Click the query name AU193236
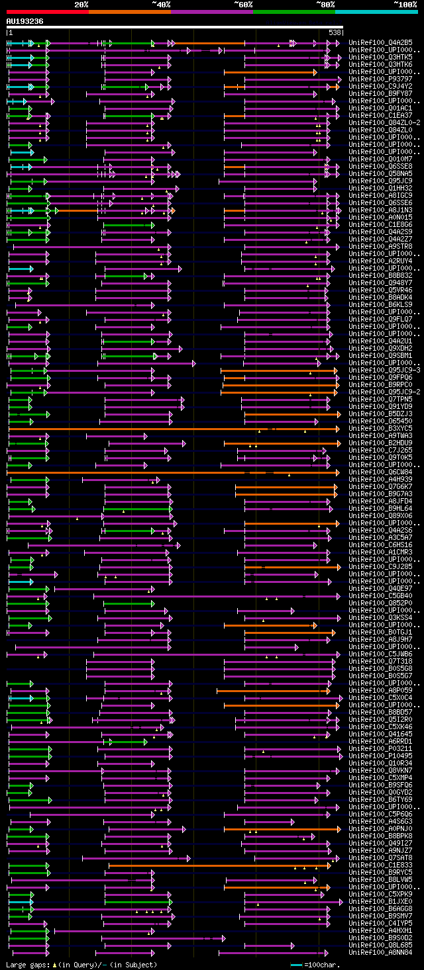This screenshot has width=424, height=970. [x=25, y=21]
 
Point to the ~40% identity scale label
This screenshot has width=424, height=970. [x=161, y=5]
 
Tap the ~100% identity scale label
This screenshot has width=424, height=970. [x=405, y=5]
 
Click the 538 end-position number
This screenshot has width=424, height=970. [x=335, y=32]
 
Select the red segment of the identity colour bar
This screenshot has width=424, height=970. [x=47, y=12]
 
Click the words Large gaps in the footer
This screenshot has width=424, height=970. [x=26, y=965]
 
